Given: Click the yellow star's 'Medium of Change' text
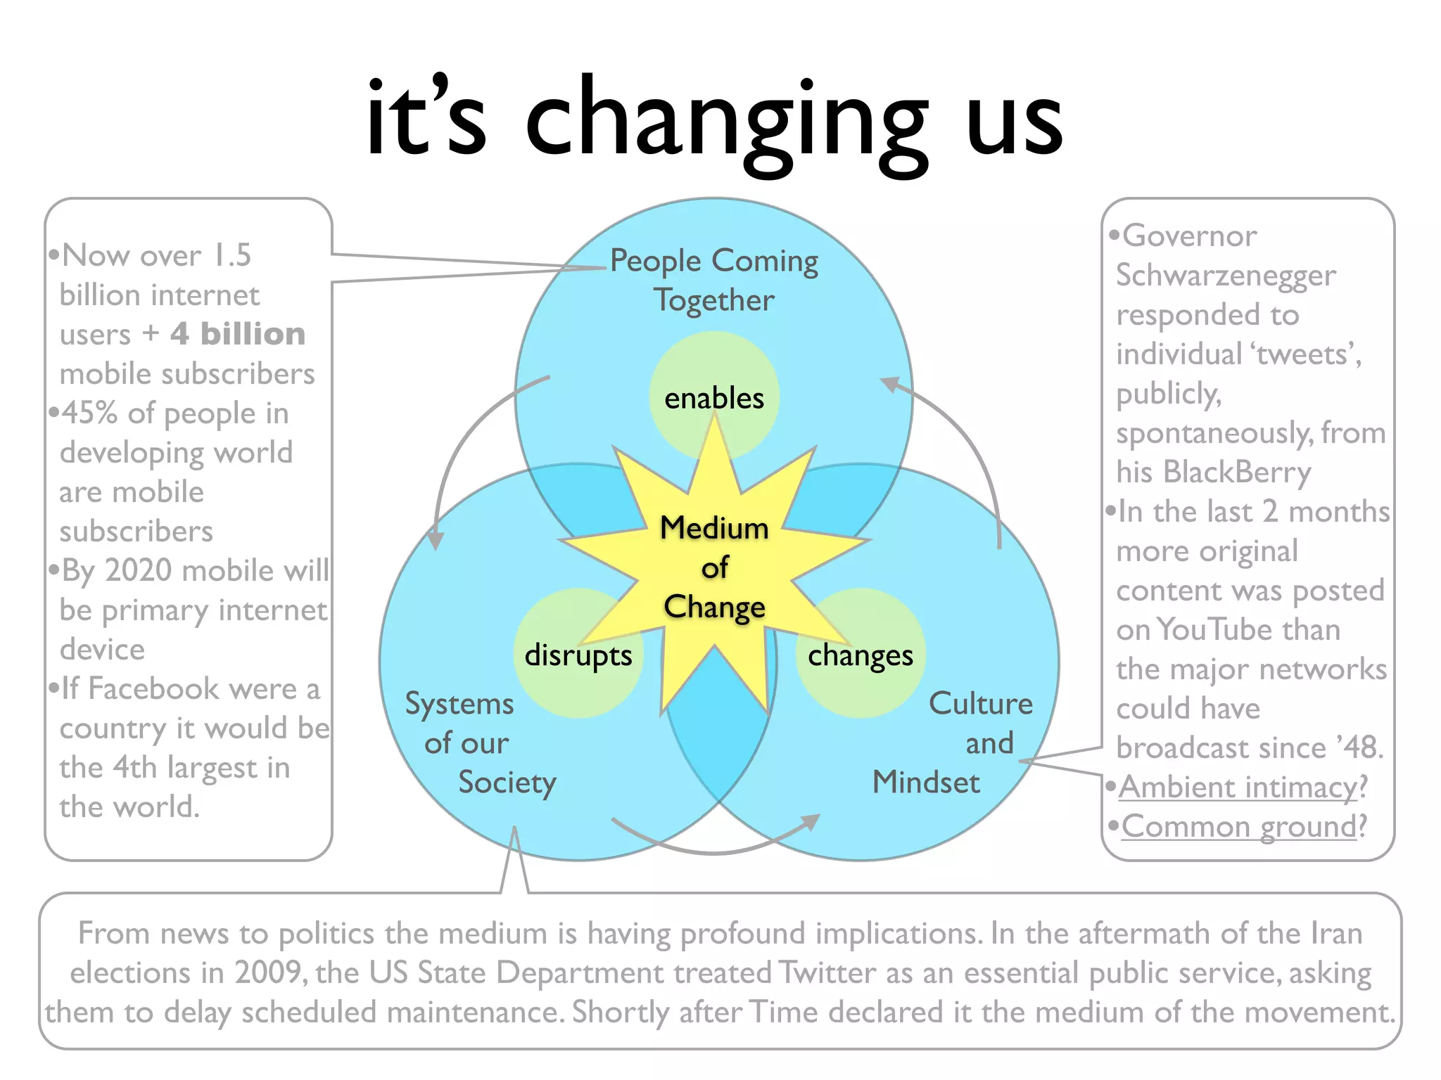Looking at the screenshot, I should pyautogui.click(x=714, y=567).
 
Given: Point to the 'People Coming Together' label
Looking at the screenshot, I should pyautogui.click(x=714, y=280).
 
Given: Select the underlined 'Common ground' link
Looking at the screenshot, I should pyautogui.click(x=1239, y=826).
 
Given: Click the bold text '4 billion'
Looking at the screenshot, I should pyautogui.click(x=238, y=334).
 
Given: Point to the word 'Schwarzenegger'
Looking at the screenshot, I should pyautogui.click(x=1226, y=276).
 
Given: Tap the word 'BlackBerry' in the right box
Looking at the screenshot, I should pyautogui.click(x=1237, y=472).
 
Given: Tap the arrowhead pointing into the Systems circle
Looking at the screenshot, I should pyautogui.click(x=436, y=540).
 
